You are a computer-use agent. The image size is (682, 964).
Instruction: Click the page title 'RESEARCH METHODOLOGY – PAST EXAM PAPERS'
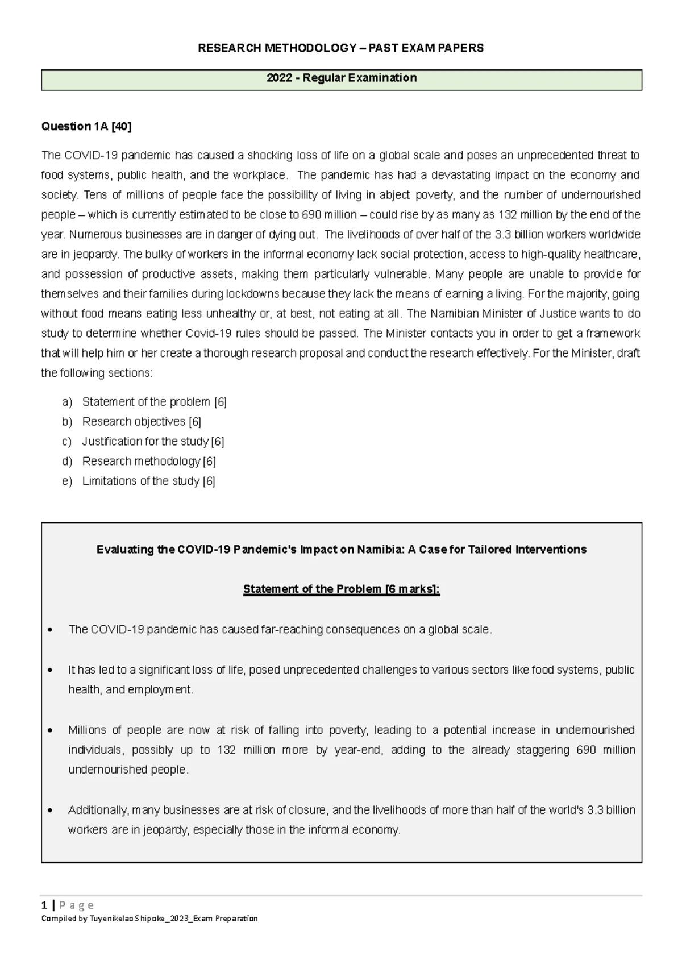[x=340, y=48]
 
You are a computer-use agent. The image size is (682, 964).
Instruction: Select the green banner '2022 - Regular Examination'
[x=342, y=78]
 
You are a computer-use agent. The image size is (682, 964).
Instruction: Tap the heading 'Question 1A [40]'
[x=86, y=127]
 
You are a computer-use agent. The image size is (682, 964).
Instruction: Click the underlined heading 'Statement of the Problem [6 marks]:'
[x=342, y=589]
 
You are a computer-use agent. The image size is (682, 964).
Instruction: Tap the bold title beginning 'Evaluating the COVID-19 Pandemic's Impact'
[x=342, y=550]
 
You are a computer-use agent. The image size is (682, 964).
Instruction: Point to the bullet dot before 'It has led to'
[x=51, y=671]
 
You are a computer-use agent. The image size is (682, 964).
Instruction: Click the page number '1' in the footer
[x=44, y=905]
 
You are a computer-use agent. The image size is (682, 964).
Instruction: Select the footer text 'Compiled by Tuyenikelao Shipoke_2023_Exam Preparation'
[x=149, y=919]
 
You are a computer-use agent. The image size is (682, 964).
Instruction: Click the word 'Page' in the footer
[x=77, y=905]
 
